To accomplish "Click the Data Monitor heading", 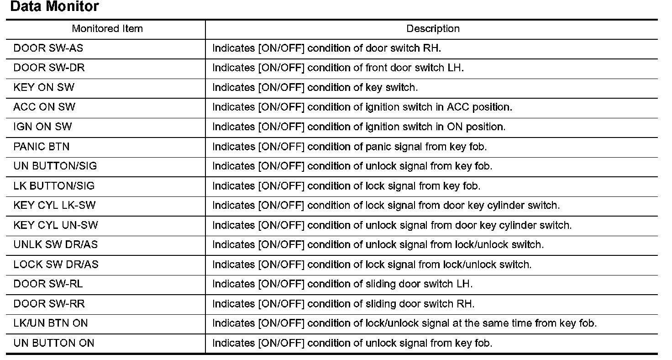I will tap(54, 7).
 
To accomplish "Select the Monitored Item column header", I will tap(107, 29).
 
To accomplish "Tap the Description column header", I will tap(433, 29).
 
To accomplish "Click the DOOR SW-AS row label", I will tap(48, 48).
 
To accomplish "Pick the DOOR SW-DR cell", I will tap(49, 68).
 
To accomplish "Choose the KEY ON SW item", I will tap(44, 87).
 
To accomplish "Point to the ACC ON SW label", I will tap(44, 107).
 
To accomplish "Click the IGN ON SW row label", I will tap(42, 127).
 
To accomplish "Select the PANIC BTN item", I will tap(42, 147).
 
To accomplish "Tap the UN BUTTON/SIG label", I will tap(55, 166).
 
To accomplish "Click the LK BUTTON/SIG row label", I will tap(54, 186).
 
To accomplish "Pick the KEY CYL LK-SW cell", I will tap(55, 205).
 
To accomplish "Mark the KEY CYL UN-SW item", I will tap(56, 225).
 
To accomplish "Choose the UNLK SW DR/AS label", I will tap(56, 244).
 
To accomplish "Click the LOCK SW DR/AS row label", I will tap(56, 265).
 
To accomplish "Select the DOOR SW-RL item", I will tap(48, 284).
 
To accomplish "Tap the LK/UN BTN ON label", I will tap(51, 323).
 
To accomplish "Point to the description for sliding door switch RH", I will tap(343, 304).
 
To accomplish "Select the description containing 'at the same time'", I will tap(404, 323).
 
